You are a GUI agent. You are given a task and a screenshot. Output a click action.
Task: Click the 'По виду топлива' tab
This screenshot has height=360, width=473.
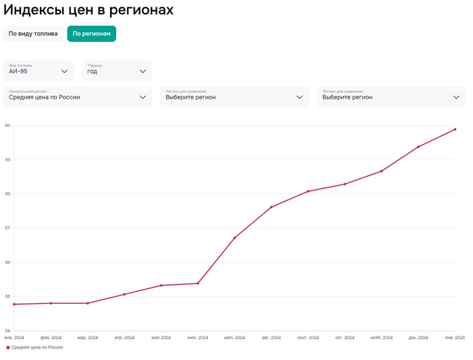click(x=33, y=34)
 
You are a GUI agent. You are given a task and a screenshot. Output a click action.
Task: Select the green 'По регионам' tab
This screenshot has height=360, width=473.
click(x=91, y=34)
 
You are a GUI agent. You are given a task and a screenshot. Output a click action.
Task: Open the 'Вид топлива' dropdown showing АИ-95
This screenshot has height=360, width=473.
click(x=39, y=70)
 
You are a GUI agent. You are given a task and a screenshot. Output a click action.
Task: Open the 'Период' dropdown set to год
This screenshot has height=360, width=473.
click(x=117, y=70)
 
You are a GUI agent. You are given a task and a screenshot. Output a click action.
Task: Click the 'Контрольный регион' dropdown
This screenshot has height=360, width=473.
click(x=78, y=97)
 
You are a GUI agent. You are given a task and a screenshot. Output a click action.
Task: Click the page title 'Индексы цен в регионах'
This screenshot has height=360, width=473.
click(x=89, y=10)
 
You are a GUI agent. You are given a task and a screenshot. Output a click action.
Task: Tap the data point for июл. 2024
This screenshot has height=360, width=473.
click(x=234, y=238)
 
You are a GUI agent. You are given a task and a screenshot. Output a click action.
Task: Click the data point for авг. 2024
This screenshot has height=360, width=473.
click(x=271, y=207)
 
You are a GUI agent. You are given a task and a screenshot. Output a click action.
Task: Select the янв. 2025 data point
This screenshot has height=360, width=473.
click(x=455, y=130)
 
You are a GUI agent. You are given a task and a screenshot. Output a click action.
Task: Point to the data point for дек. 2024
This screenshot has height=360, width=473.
click(x=418, y=147)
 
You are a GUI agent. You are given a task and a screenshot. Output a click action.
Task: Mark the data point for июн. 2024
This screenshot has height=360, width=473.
click(x=197, y=283)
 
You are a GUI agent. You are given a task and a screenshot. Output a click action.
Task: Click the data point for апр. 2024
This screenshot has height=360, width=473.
click(x=124, y=294)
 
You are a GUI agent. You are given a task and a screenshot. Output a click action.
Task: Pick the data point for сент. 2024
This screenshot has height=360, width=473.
click(x=308, y=191)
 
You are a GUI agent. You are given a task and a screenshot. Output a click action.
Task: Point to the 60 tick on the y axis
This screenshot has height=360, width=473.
click(x=7, y=126)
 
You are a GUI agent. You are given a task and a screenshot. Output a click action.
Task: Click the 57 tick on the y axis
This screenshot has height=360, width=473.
click(x=7, y=228)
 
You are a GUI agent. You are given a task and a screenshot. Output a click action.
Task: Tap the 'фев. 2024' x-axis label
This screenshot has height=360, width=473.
click(x=51, y=337)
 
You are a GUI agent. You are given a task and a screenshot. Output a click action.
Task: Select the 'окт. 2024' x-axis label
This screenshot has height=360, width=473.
click(x=345, y=337)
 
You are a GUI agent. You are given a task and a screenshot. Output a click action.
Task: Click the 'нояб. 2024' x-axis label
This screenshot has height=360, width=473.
click(x=381, y=337)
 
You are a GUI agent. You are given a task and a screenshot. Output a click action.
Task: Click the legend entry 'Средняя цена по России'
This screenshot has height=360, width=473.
click(x=36, y=347)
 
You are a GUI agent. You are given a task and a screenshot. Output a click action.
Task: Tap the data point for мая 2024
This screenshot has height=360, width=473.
click(x=161, y=286)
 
